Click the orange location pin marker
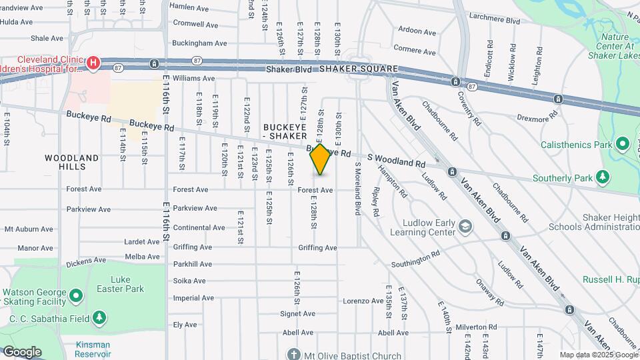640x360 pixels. coord(321,159)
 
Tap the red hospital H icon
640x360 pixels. coord(93,63)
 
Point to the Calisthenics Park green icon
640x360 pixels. coord(623,144)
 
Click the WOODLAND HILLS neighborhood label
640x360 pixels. coord(72,163)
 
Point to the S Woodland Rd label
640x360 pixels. coord(395,160)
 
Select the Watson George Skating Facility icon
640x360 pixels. coord(76,294)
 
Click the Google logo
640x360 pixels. coord(22,351)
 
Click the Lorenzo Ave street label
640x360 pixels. coord(363,301)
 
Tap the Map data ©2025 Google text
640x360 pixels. coord(599,355)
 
